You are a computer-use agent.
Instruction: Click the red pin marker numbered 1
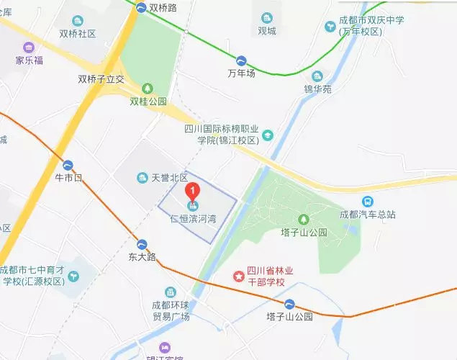[x=192, y=192]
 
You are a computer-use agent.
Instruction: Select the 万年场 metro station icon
[x=241, y=60]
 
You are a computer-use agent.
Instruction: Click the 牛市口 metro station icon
[x=68, y=165]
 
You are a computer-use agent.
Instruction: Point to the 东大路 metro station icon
[x=142, y=244]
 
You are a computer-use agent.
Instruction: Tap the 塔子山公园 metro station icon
[x=289, y=304]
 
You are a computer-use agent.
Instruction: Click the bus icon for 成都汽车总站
[x=368, y=202]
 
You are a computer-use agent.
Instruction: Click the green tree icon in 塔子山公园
[x=303, y=219]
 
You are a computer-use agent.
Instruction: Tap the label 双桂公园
[x=148, y=102]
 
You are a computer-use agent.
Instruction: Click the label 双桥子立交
[x=101, y=79]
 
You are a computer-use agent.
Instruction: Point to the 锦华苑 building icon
[x=317, y=76]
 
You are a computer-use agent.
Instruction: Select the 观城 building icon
[x=267, y=17]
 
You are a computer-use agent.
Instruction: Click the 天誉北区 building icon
[x=142, y=177]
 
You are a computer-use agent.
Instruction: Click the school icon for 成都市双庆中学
[x=330, y=27]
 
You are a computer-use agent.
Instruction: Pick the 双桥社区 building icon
[x=78, y=20]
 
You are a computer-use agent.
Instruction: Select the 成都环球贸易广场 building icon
[x=170, y=292]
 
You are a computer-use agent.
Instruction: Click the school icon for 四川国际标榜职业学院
[x=268, y=135]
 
